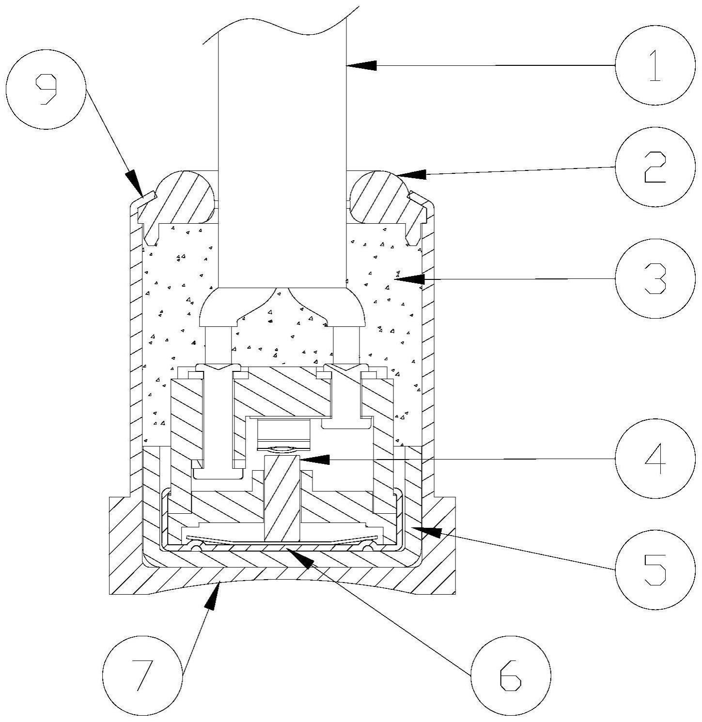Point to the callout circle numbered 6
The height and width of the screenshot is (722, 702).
pyautogui.click(x=511, y=675)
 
